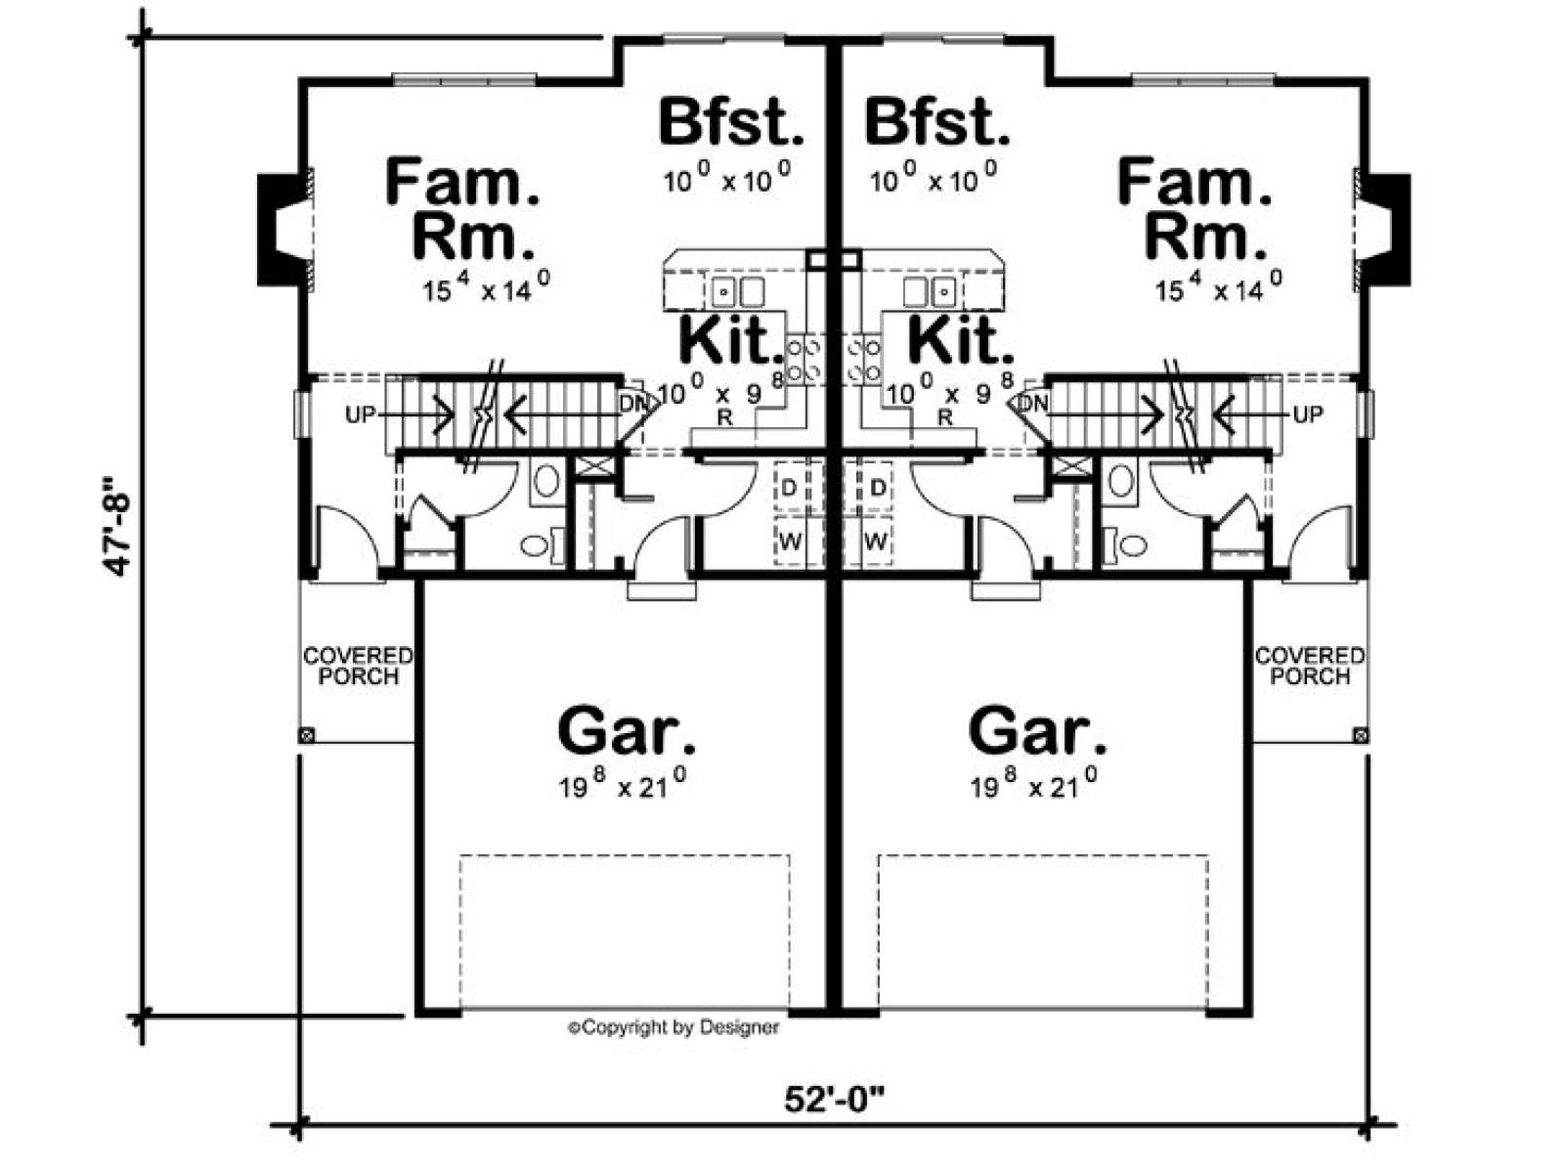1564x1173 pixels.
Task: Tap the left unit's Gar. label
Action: pyautogui.click(x=627, y=731)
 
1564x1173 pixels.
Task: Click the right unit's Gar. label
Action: pyautogui.click(x=1038, y=731)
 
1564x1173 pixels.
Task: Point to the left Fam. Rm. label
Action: pyautogui.click(x=461, y=209)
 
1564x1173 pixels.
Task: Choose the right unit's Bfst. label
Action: pyautogui.click(x=937, y=121)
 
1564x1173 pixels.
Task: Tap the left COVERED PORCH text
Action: pyautogui.click(x=358, y=666)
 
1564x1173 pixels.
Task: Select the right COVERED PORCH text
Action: pyautogui.click(x=1310, y=666)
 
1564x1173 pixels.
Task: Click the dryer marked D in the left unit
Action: pyautogui.click(x=789, y=488)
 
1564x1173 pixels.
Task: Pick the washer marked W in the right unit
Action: pyautogui.click(x=877, y=542)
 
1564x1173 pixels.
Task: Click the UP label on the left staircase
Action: pyautogui.click(x=360, y=414)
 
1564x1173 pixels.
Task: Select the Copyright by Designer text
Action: pyautogui.click(x=673, y=1027)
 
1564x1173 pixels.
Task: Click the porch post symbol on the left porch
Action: pyautogui.click(x=307, y=735)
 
